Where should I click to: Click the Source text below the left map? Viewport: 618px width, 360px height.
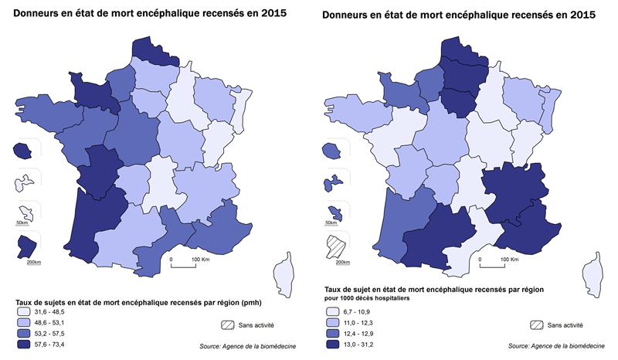(x=246, y=347)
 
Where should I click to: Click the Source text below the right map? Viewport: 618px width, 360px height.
(x=556, y=347)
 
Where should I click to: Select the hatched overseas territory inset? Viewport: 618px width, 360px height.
(x=335, y=248)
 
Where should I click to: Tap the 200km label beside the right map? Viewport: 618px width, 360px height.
(x=336, y=263)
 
